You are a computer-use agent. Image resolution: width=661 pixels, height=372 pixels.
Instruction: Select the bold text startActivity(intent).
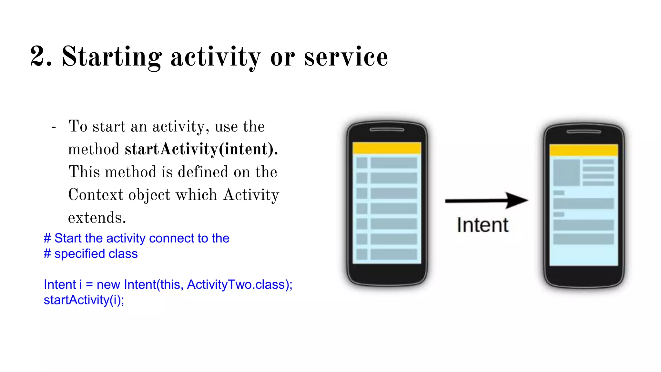pos(201,149)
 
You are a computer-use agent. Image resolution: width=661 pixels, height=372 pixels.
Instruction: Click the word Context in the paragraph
pos(96,195)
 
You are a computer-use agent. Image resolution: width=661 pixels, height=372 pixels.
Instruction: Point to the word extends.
pos(97,218)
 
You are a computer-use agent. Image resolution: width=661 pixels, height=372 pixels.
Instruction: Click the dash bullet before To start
pos(54,127)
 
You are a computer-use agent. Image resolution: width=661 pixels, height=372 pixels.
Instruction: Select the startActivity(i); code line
pos(84,300)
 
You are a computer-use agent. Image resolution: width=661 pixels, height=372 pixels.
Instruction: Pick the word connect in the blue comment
pos(171,238)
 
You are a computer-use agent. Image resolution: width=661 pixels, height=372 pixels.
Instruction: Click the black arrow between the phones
pos(485,201)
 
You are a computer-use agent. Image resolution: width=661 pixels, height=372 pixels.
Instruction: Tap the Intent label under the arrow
pos(483,225)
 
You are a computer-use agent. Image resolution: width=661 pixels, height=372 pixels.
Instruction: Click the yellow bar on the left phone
pos(387,148)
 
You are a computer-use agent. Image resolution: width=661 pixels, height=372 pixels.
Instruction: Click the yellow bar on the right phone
pos(584,150)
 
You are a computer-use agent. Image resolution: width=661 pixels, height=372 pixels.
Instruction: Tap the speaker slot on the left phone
pos(387,130)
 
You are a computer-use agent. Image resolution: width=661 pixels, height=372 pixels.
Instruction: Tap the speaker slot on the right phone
pos(584,132)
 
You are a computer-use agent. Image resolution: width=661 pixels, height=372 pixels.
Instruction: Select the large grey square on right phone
pos(566,172)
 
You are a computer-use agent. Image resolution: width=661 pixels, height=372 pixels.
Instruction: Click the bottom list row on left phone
pos(387,254)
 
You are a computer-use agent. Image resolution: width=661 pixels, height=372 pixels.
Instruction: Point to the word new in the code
pos(108,284)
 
